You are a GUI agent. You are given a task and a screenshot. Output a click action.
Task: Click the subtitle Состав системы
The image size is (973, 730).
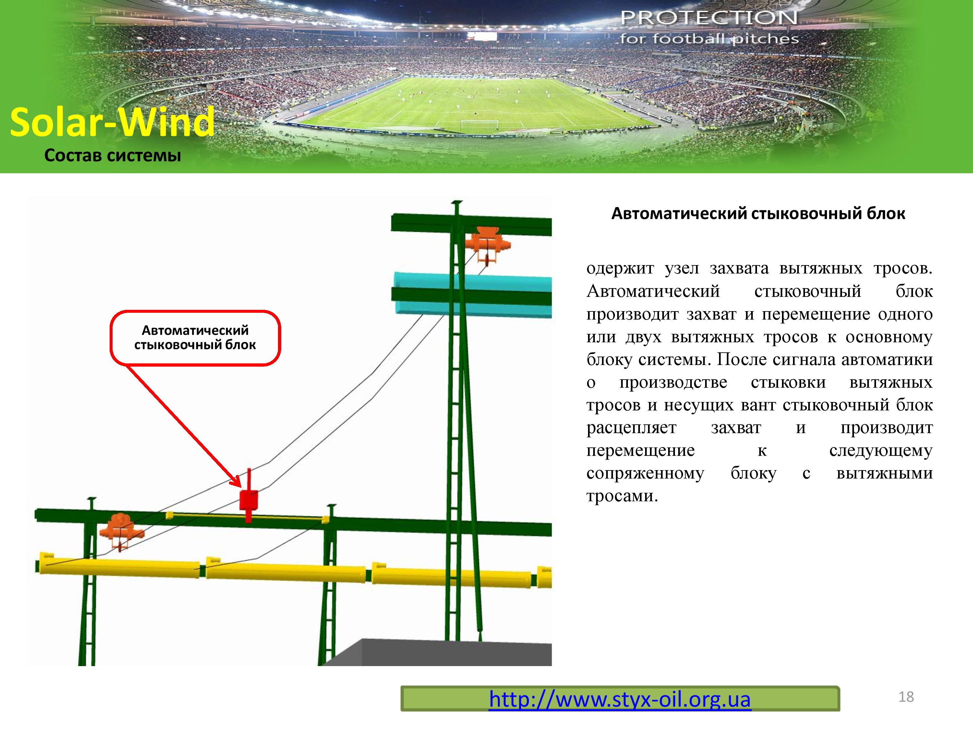click(x=113, y=156)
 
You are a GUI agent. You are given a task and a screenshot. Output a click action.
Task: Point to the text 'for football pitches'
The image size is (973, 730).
click(x=709, y=39)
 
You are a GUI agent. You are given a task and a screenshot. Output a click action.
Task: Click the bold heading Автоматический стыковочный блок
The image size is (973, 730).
click(x=758, y=214)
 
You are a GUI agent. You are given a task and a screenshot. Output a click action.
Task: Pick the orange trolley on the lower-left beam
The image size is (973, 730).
click(x=121, y=530)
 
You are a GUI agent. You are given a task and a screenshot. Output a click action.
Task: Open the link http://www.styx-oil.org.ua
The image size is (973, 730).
click(x=620, y=699)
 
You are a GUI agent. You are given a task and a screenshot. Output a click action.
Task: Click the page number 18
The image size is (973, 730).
click(x=906, y=697)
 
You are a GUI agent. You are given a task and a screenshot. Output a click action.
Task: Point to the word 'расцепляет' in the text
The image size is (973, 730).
click(x=631, y=428)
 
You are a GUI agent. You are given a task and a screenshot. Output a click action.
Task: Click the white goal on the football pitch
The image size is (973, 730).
click(x=480, y=125)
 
